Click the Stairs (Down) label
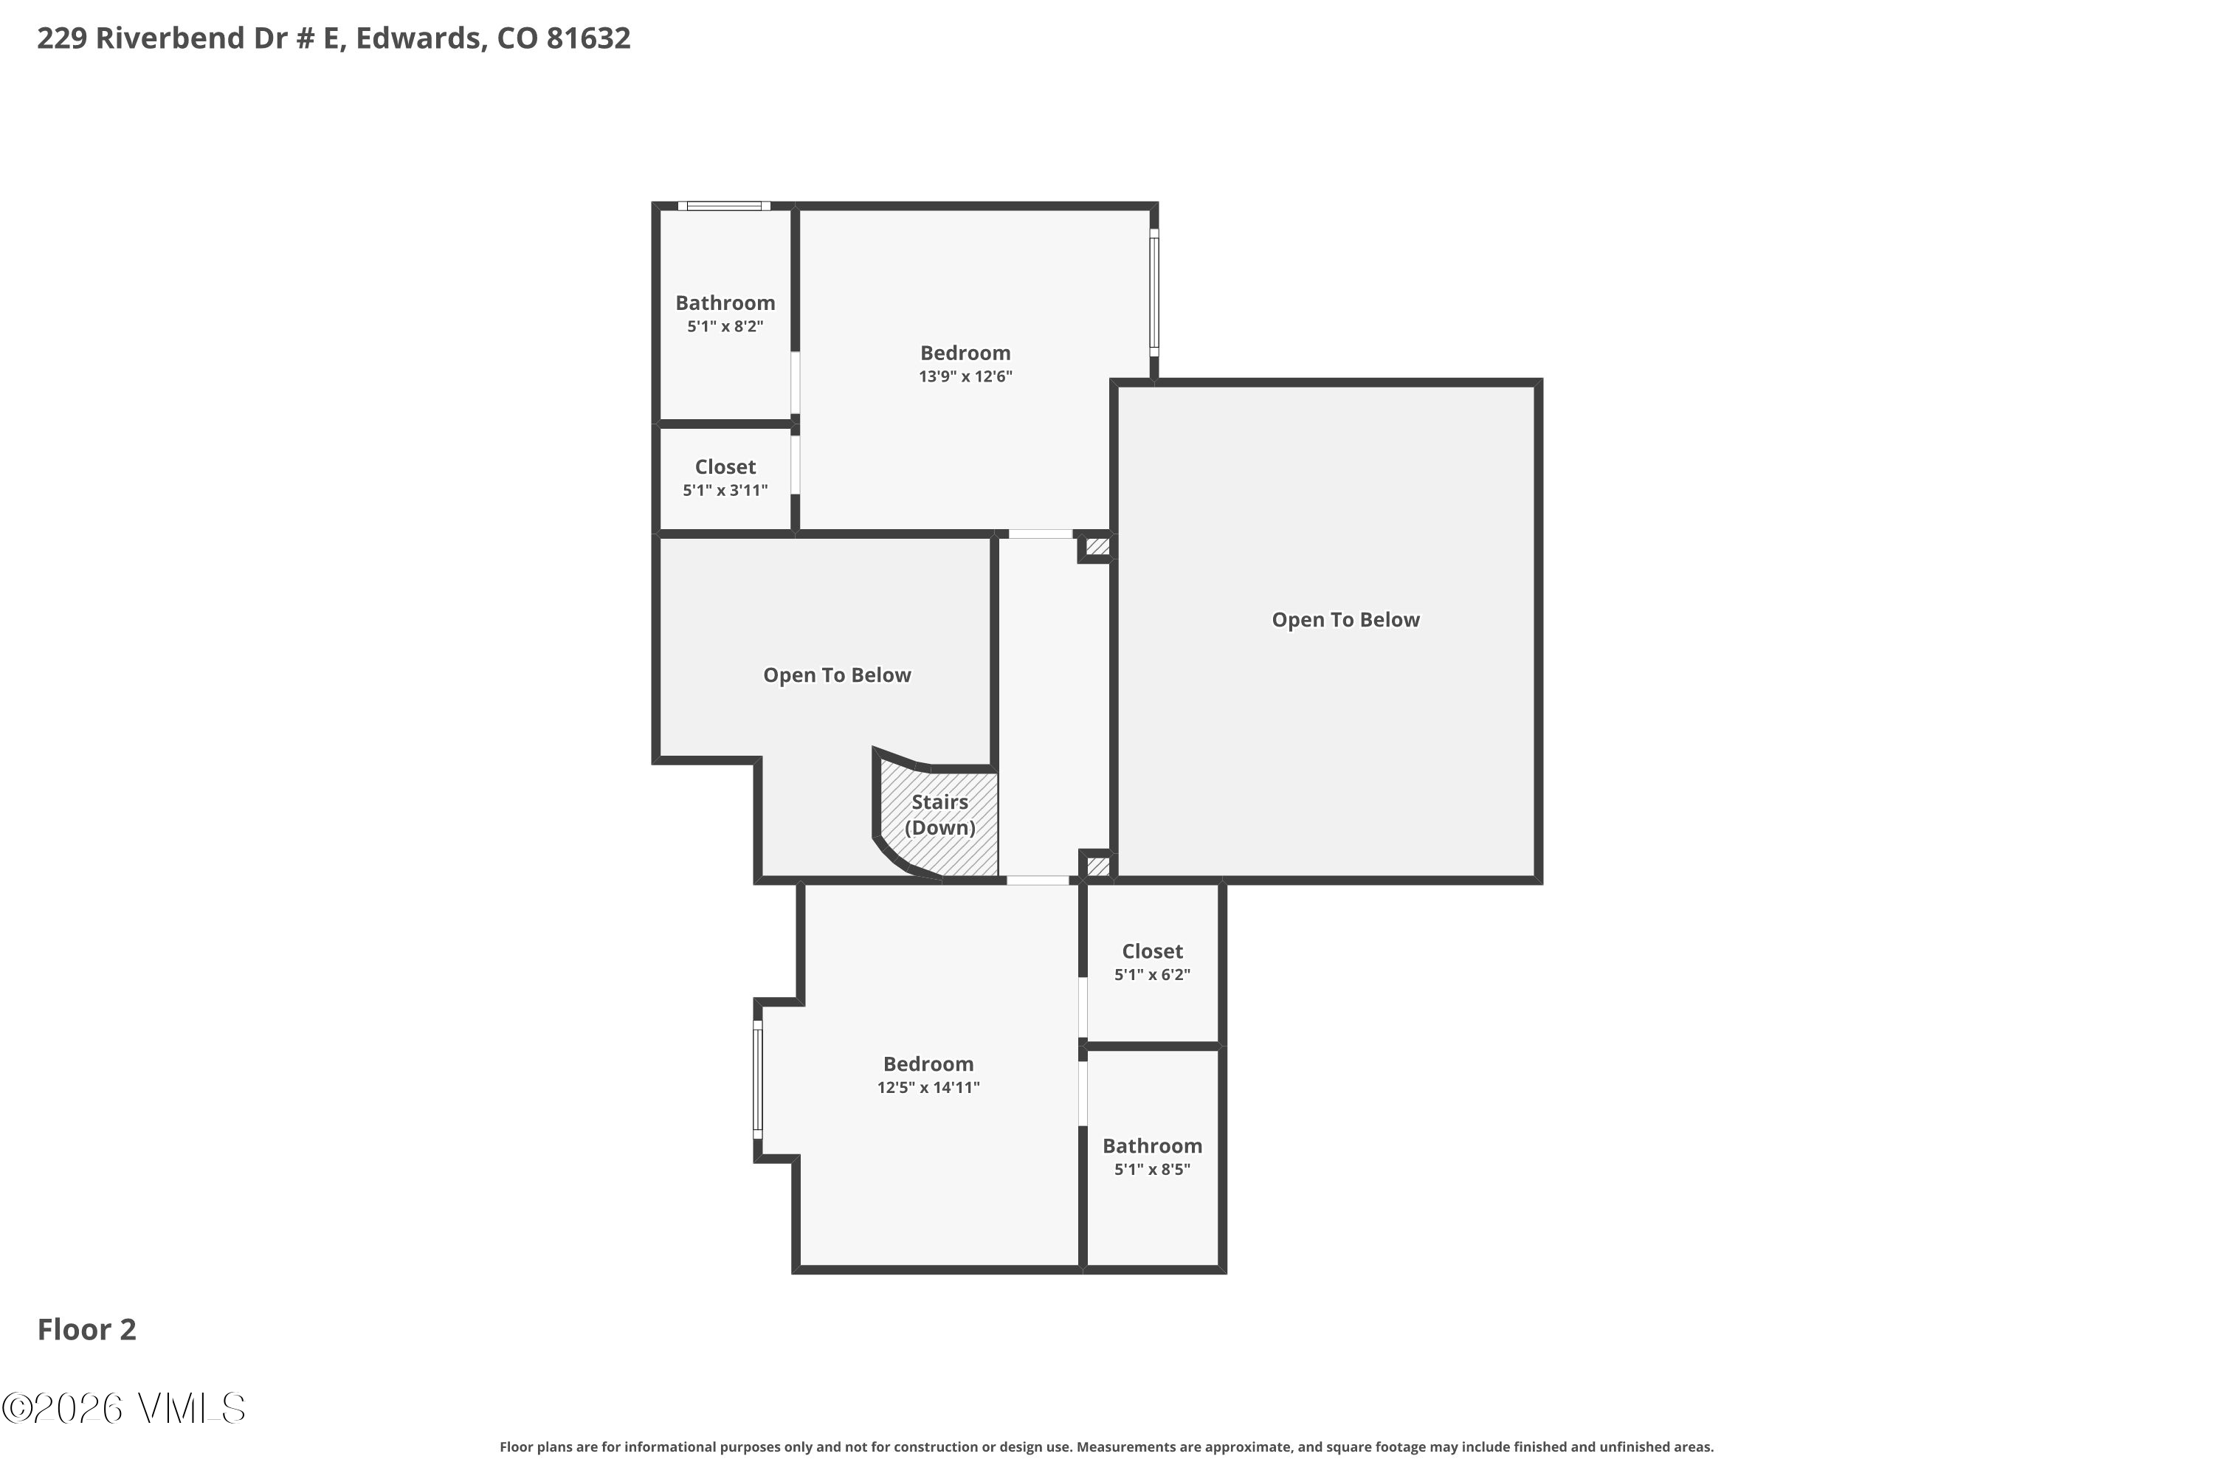point(939,814)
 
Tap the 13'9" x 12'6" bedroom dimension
point(965,376)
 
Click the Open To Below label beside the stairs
point(837,675)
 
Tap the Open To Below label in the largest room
point(1345,619)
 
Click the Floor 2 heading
point(86,1329)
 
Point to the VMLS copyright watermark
point(123,1408)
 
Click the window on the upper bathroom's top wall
point(724,206)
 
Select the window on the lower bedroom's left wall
point(758,1079)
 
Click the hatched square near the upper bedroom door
point(1097,546)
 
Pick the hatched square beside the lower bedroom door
point(1097,865)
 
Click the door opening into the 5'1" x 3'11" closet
point(796,464)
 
